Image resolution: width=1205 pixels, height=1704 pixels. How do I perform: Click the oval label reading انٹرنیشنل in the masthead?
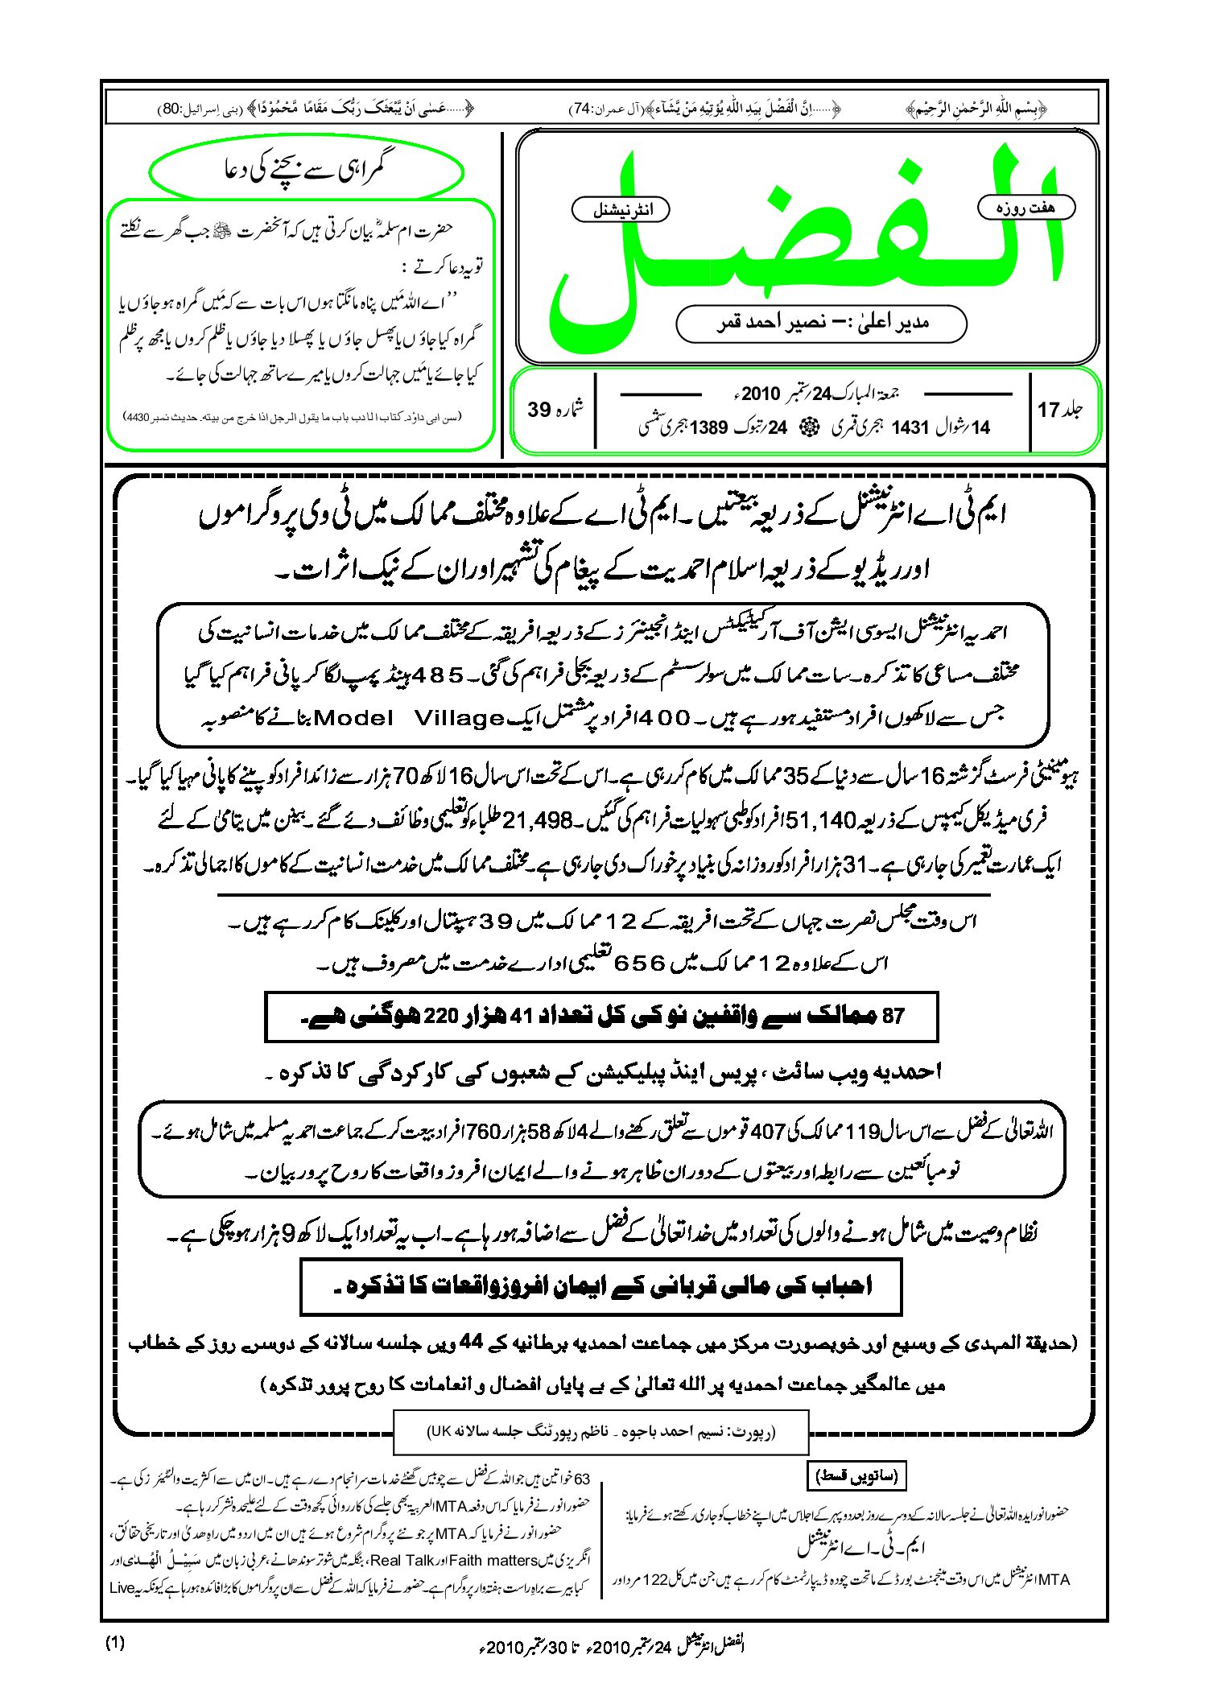pos(620,210)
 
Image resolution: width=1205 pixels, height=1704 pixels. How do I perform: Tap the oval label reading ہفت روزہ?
pos(1025,208)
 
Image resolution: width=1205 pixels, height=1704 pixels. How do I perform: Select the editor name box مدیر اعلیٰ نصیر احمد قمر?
pos(821,323)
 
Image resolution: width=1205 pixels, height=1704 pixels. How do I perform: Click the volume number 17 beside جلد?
pos(1048,410)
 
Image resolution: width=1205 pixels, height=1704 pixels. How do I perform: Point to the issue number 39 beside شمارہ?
pos(539,410)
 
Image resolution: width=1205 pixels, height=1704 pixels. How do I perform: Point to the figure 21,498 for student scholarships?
pos(538,821)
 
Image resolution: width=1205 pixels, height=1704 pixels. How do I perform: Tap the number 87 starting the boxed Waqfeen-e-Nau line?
pos(893,1016)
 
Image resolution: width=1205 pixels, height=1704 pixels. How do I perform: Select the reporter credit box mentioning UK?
pos(600,1432)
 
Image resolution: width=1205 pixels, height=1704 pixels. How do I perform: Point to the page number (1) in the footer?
pos(115,1643)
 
